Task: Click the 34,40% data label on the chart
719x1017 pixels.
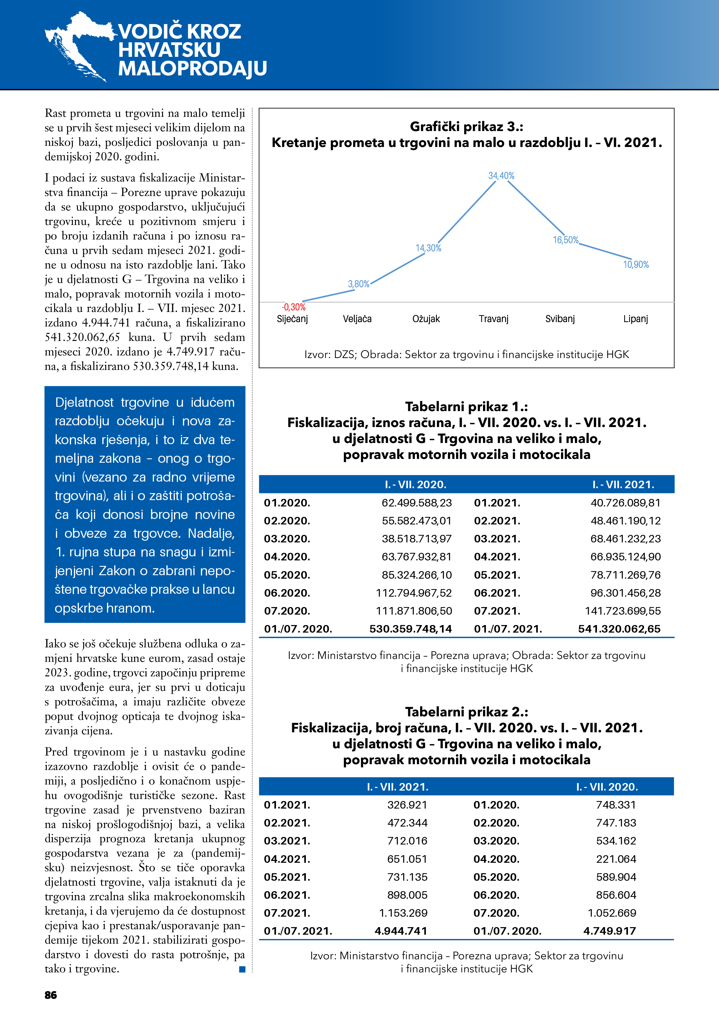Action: tap(501, 176)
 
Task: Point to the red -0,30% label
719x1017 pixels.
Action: tap(294, 307)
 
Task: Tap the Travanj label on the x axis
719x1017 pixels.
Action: tap(493, 319)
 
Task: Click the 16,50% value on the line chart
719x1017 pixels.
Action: tap(566, 240)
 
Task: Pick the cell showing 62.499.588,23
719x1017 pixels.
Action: tap(416, 503)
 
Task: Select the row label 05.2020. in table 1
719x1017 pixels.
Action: tap(287, 575)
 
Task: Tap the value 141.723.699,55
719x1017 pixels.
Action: tap(622, 611)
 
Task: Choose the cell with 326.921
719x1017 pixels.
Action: tap(407, 805)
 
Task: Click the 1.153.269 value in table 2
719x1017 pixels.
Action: tap(403, 913)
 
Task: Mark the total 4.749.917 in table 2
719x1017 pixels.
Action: tap(610, 931)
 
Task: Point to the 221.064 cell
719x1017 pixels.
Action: tap(616, 859)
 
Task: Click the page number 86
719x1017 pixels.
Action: tap(51, 995)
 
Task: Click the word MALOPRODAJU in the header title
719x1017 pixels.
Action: tap(193, 69)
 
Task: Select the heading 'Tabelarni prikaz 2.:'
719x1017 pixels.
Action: tap(466, 712)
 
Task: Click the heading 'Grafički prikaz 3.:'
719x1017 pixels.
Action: tap(466, 127)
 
